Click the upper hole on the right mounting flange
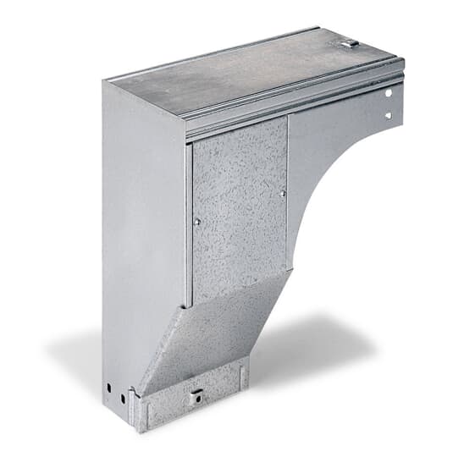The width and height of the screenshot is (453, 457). tap(390, 93)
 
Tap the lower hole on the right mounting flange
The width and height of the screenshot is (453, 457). tap(389, 114)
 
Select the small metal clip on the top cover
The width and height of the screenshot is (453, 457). tap(350, 41)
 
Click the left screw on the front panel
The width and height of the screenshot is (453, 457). tap(196, 221)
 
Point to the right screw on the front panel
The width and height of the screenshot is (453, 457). tap(282, 194)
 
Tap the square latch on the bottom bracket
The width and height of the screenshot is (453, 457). tap(197, 394)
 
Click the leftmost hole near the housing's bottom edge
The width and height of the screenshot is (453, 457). tap(108, 388)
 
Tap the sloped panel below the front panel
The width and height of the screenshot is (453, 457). tap(212, 330)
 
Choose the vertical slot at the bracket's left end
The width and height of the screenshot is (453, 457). tap(135, 406)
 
